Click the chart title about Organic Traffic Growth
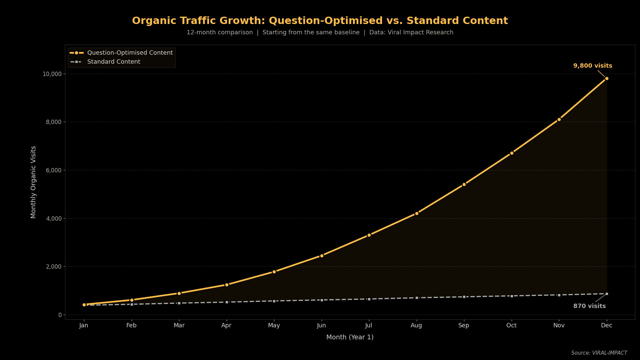pos(320,21)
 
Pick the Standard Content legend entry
pos(114,62)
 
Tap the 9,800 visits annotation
pos(592,66)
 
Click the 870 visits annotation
pos(589,306)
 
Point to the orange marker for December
pos(607,79)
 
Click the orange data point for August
pos(417,213)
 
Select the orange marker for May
pos(274,272)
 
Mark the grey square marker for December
pos(607,294)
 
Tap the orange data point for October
pos(512,153)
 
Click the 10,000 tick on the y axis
pos(52,74)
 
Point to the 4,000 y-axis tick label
pos(54,219)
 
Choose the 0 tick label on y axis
pos(60,315)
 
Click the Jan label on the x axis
pos(84,325)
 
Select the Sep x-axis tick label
pos(464,325)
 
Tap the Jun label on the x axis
pos(321,325)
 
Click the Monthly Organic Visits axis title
pos(33,182)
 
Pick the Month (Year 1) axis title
pos(350,337)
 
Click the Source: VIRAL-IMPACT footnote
pos(599,353)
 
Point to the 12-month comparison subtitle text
pos(220,32)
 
